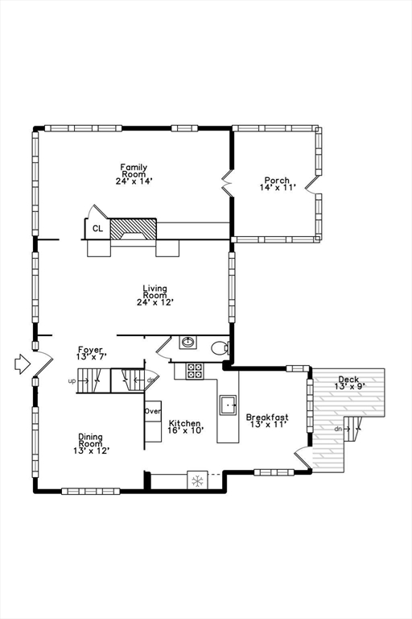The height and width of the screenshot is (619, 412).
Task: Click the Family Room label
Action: click(x=134, y=174)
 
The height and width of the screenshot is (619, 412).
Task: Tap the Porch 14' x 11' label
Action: click(x=277, y=184)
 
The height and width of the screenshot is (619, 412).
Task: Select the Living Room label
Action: click(x=155, y=295)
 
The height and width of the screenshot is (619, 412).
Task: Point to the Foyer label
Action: click(x=90, y=352)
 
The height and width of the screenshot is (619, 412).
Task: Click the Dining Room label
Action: click(x=91, y=444)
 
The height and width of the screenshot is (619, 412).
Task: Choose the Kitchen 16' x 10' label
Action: click(x=185, y=426)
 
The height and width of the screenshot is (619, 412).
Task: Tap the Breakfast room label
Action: click(x=267, y=421)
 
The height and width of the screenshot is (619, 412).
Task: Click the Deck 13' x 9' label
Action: click(x=348, y=383)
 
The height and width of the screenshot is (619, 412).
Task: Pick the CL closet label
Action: click(x=98, y=229)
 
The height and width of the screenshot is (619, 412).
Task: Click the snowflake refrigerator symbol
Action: click(x=196, y=481)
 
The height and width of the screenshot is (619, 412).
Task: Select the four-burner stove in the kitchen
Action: click(x=196, y=371)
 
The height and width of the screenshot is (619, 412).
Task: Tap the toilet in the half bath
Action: click(x=220, y=348)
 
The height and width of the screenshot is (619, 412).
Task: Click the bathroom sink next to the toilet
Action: click(x=188, y=342)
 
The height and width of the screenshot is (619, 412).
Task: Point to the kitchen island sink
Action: click(x=228, y=405)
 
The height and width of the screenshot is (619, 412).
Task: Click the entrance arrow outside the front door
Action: click(x=22, y=364)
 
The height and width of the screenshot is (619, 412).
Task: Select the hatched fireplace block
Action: click(x=133, y=229)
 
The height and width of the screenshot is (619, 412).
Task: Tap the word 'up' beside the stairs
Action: click(x=72, y=381)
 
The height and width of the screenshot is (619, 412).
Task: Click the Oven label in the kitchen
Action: click(x=153, y=411)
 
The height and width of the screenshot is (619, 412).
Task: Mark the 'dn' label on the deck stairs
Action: click(x=337, y=429)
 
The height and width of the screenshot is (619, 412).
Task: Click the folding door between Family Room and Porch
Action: click(x=225, y=184)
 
